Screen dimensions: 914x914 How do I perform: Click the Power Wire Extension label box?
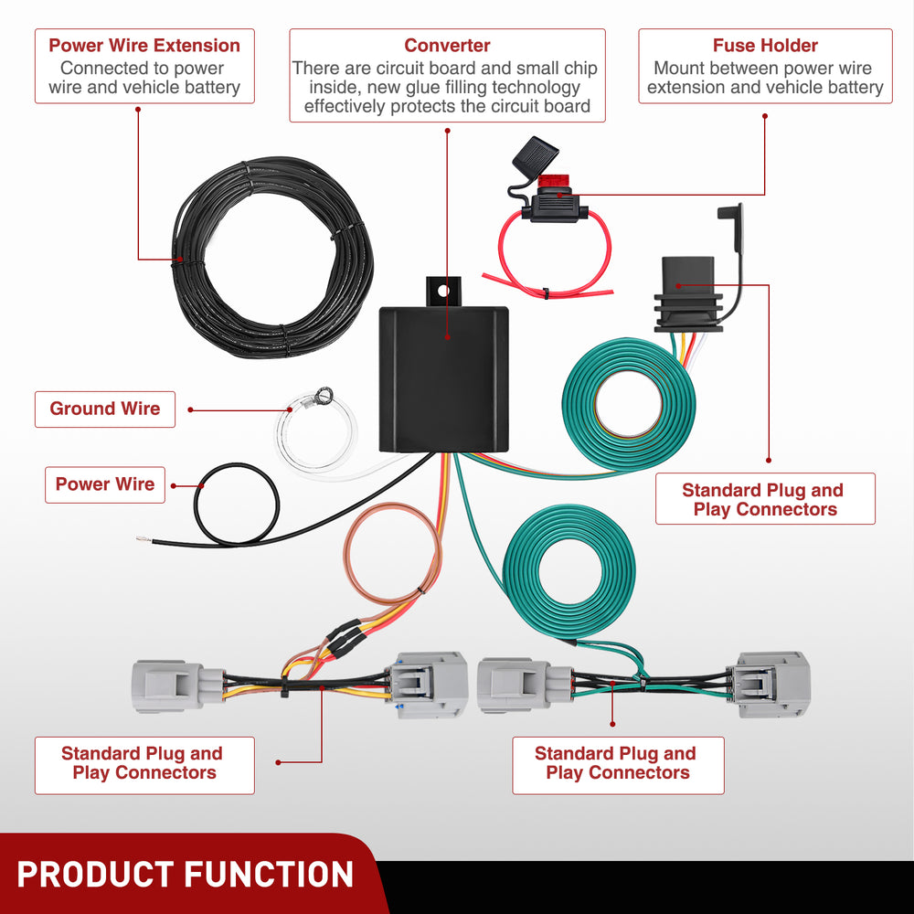pyautogui.click(x=144, y=66)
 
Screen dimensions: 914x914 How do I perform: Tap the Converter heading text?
pyautogui.click(x=447, y=45)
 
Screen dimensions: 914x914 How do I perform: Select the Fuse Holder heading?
pyautogui.click(x=765, y=45)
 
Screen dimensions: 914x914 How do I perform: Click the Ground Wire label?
pyautogui.click(x=104, y=409)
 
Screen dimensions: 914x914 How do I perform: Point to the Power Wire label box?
pyautogui.click(x=105, y=484)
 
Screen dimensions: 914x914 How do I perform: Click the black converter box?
pyautogui.click(x=443, y=377)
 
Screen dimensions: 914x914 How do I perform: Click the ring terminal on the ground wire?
pyautogui.click(x=322, y=397)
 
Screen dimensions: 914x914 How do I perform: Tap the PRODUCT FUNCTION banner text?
pyautogui.click(x=185, y=874)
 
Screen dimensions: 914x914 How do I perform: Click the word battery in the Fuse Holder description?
pyautogui.click(x=845, y=88)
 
